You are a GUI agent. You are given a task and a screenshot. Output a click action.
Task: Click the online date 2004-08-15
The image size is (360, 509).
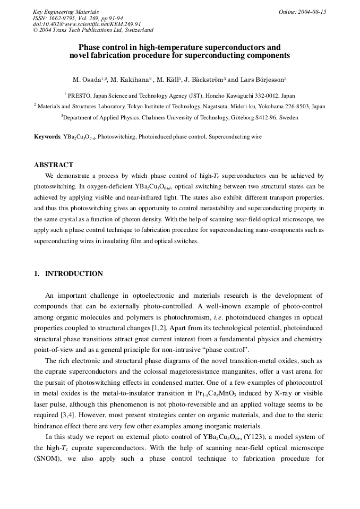(x=312, y=12)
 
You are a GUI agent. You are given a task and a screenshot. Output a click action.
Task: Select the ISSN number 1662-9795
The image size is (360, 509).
(x=61, y=18)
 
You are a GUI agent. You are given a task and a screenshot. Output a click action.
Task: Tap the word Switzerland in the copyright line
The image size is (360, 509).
(x=134, y=30)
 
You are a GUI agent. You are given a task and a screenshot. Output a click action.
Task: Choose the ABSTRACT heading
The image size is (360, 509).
(x=54, y=165)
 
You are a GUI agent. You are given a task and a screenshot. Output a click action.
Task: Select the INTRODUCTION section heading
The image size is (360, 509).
(x=74, y=274)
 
